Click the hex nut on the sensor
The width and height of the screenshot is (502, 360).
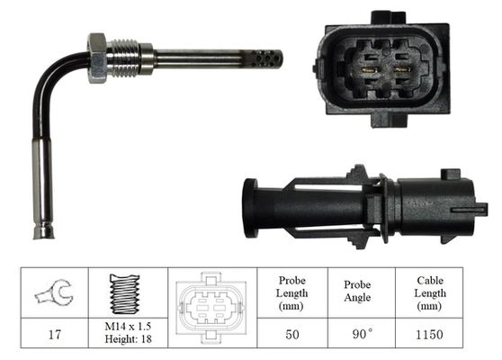[x=96, y=56]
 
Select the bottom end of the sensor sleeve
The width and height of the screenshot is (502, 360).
[x=42, y=232]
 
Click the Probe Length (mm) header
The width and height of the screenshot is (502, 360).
[x=291, y=292]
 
